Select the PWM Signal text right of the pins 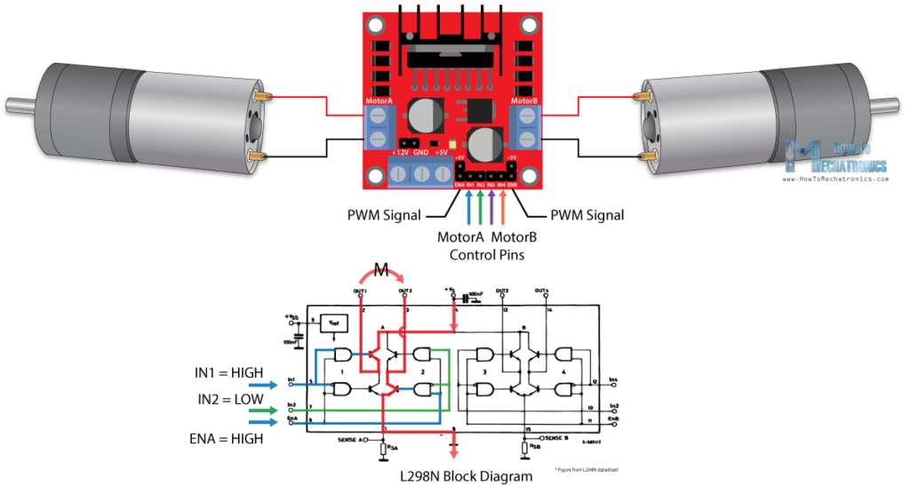coord(587,215)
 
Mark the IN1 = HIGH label coord(228,372)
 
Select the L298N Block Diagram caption coord(467,476)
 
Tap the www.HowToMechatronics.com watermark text coord(835,179)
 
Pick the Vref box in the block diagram coord(333,325)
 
